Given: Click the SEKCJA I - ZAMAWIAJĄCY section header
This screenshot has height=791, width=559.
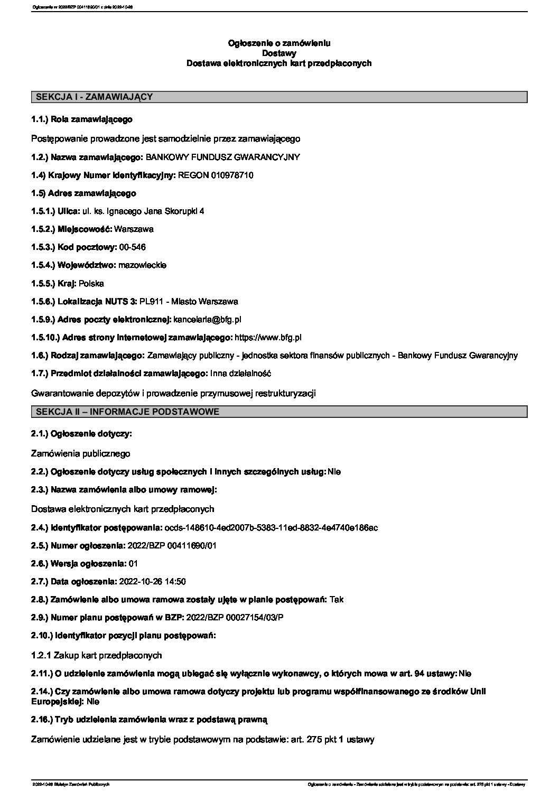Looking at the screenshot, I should [94, 97].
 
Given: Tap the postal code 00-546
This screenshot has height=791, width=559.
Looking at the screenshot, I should [133, 247].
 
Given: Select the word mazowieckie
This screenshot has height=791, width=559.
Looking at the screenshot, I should [143, 265].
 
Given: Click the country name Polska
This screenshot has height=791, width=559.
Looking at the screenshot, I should [91, 283].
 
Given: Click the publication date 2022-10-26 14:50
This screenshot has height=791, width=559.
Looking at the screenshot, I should [153, 581].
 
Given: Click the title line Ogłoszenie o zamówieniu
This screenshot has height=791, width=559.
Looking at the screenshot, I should [279, 43].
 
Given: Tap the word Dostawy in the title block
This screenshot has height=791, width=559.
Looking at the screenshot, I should [279, 53].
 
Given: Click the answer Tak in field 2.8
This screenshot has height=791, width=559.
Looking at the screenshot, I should [336, 599].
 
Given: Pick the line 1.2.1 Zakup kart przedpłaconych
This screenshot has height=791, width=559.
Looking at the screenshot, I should [96, 655].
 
